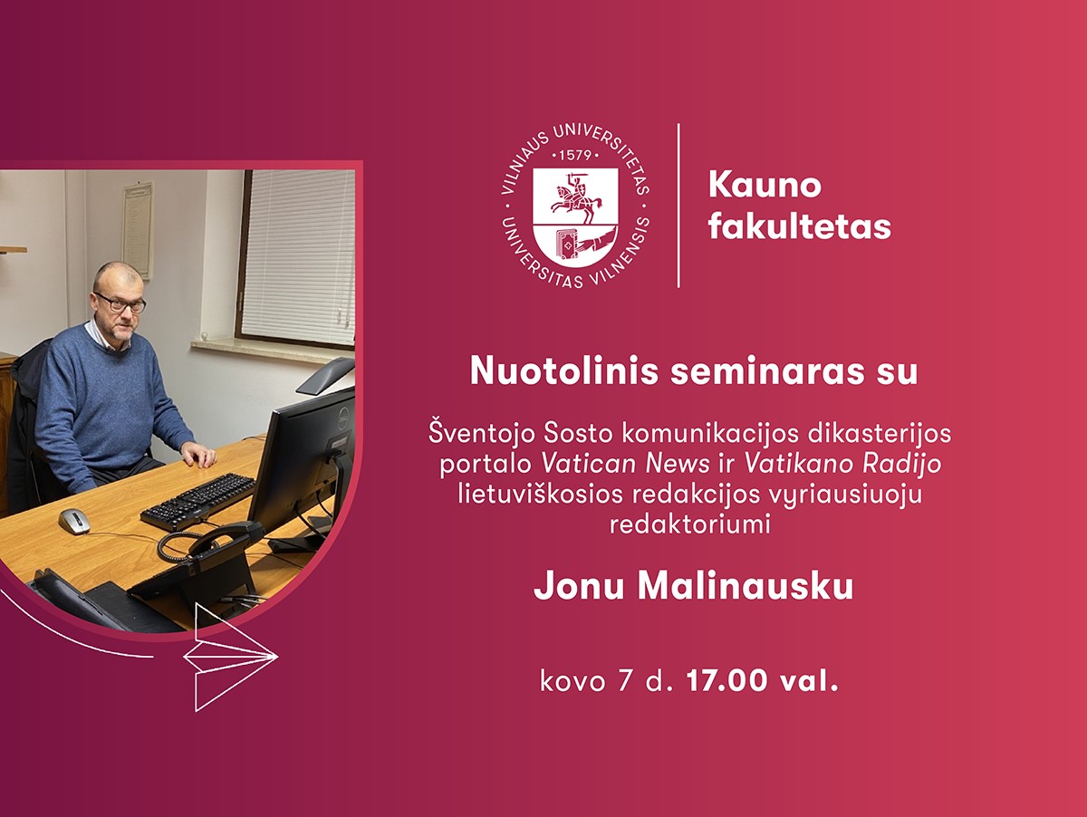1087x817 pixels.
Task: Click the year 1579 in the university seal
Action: click(575, 156)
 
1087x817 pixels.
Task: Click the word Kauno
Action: click(765, 186)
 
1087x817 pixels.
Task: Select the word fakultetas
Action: click(800, 226)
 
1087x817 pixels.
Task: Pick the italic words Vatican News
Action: click(626, 464)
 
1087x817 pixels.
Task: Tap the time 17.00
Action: click(724, 681)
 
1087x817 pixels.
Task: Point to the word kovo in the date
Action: click(572, 682)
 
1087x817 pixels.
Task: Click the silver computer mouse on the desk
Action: click(74, 522)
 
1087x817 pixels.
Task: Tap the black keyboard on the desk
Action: click(197, 502)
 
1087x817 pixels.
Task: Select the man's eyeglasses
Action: click(120, 302)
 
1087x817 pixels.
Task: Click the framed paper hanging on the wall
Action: click(138, 230)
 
